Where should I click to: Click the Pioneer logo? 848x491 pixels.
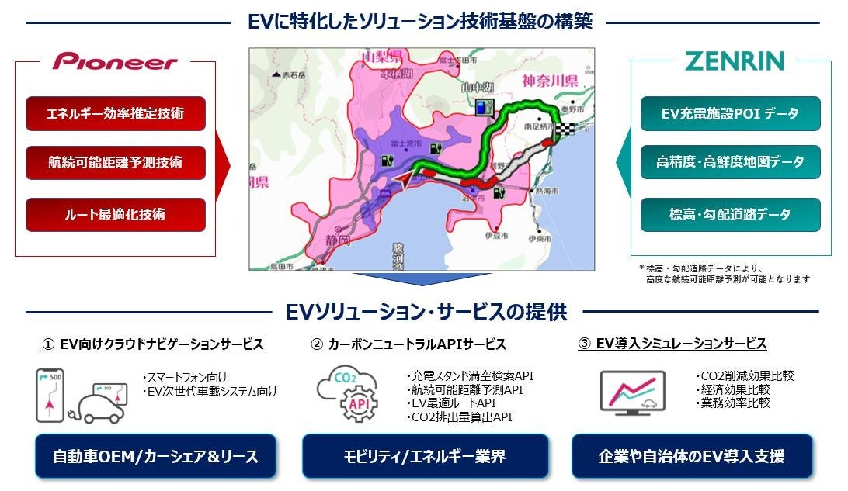pyautogui.click(x=115, y=62)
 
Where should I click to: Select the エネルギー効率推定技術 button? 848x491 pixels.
pyautogui.click(x=115, y=113)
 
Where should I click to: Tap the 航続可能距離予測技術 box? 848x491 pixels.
pyautogui.click(x=115, y=163)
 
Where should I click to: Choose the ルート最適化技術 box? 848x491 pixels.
pyautogui.click(x=115, y=214)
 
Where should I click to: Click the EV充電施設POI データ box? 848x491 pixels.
pyautogui.click(x=730, y=113)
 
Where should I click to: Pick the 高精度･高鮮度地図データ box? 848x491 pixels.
pyautogui.click(x=730, y=163)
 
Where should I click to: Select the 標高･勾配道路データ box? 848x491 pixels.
pyautogui.click(x=730, y=214)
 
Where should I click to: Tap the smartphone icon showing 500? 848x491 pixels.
pyautogui.click(x=49, y=396)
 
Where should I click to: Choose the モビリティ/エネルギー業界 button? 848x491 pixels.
pyautogui.click(x=424, y=456)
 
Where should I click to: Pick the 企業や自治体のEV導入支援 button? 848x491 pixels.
pyautogui.click(x=691, y=456)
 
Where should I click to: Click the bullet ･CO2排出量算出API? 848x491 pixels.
pyautogui.click(x=459, y=417)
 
